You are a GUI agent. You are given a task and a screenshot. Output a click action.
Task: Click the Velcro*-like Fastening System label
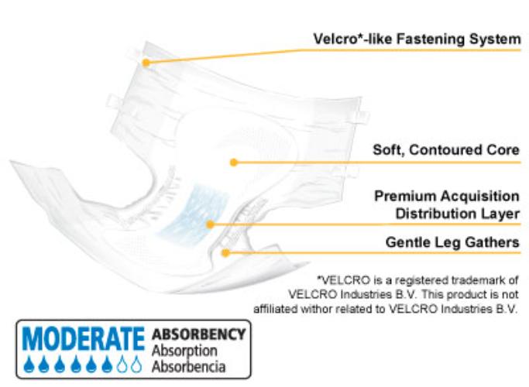(x=417, y=39)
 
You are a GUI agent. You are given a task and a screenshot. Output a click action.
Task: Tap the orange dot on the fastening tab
(x=146, y=63)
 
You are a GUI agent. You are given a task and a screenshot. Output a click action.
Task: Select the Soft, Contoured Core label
(x=446, y=150)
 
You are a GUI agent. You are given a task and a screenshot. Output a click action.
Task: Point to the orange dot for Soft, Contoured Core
(x=233, y=163)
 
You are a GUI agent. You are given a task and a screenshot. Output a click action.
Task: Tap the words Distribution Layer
(x=457, y=214)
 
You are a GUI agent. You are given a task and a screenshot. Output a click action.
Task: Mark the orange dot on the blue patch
(x=210, y=224)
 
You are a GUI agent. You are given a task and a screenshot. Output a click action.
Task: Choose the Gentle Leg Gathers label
(x=452, y=242)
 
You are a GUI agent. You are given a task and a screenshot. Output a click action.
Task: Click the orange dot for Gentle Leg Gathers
(x=225, y=252)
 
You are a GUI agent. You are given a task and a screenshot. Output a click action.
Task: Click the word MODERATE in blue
(x=84, y=339)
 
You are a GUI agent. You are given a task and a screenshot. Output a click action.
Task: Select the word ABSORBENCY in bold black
(x=199, y=334)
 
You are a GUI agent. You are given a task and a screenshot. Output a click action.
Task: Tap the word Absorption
(x=184, y=351)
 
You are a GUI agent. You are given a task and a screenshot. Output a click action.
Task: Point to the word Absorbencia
(x=188, y=366)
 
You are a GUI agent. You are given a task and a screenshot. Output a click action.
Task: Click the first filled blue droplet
(x=29, y=364)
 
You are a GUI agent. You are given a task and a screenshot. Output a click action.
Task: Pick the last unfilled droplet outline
(x=136, y=364)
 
